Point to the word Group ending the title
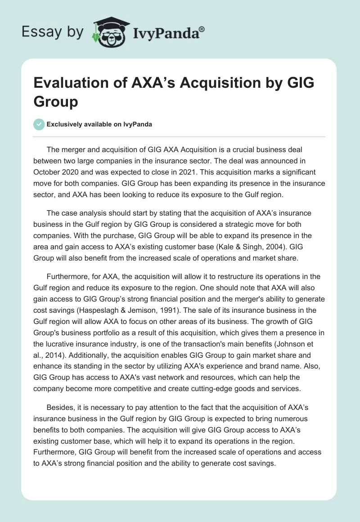56,102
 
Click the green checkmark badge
39,124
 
